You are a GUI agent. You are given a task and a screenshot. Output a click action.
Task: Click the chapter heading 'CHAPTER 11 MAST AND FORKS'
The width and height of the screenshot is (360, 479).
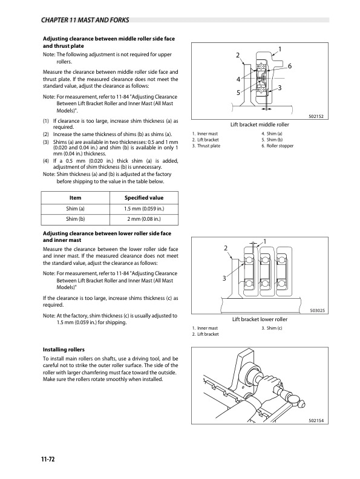click(x=85, y=20)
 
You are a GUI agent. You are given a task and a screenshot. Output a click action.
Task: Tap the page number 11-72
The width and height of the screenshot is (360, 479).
click(x=48, y=459)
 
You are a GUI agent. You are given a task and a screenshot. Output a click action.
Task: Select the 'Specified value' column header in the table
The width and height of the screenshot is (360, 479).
click(x=144, y=198)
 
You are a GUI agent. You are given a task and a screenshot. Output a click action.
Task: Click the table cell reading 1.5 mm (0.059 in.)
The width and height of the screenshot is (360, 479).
click(x=144, y=209)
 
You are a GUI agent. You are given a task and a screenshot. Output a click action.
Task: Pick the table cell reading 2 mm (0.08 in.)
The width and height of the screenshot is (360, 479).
click(x=144, y=219)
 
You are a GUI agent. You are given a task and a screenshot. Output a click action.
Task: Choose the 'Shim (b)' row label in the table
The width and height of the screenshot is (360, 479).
click(x=75, y=219)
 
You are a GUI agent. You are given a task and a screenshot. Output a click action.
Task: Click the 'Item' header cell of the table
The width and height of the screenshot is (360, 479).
click(x=75, y=198)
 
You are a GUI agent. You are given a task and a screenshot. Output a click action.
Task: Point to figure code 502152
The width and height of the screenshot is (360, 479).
click(x=316, y=116)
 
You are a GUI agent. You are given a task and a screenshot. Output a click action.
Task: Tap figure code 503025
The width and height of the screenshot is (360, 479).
click(x=317, y=311)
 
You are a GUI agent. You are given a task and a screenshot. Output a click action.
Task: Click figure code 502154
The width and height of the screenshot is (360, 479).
click(x=316, y=421)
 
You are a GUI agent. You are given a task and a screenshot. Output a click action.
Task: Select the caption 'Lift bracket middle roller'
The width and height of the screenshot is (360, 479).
click(x=260, y=125)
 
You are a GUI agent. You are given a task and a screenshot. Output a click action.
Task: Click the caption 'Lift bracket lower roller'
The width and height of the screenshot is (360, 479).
click(x=260, y=319)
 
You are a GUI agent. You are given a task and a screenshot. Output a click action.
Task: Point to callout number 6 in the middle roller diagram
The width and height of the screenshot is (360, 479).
click(x=290, y=66)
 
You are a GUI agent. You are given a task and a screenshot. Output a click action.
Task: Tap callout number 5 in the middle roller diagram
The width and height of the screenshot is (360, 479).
click(x=238, y=93)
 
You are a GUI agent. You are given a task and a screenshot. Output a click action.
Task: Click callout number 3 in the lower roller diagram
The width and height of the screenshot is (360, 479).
click(x=224, y=278)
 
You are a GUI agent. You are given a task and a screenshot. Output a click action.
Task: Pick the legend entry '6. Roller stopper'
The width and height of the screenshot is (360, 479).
click(x=278, y=146)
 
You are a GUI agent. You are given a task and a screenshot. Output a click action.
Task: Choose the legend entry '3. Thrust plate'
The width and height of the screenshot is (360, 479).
click(x=206, y=146)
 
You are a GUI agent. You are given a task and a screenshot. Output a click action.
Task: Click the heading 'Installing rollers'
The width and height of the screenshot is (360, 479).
click(x=64, y=350)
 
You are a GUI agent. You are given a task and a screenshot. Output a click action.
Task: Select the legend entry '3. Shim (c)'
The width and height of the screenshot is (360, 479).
click(x=272, y=328)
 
